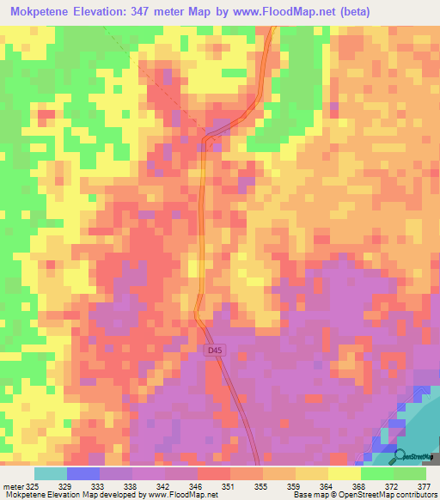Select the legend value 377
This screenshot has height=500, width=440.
[425, 485]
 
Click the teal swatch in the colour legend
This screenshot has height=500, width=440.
[50, 473]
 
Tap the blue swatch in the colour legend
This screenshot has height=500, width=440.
[82, 473]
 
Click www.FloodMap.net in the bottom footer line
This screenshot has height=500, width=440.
[183, 496]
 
